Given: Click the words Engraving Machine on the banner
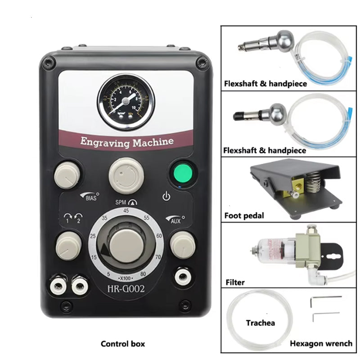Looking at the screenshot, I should click(126, 142).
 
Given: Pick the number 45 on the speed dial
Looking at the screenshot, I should click(126, 211).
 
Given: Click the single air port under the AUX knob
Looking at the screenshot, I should click(182, 275).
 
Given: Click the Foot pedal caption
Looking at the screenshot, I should click(244, 216).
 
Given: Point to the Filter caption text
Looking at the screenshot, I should click(235, 283).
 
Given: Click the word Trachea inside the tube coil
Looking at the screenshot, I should click(260, 323).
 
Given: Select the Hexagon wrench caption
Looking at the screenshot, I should click(321, 343).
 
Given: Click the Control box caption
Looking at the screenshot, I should click(123, 344).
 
